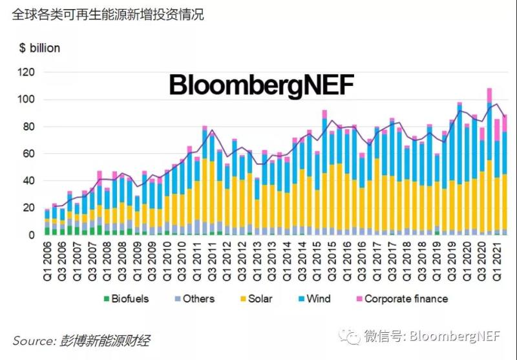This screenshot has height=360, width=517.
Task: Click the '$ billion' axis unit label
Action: point(39,48)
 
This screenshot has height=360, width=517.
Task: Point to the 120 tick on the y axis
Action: point(25,72)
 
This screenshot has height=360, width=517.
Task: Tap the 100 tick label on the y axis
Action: point(25,100)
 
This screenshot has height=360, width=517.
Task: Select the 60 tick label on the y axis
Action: point(28,154)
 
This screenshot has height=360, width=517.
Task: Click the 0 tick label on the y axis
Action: point(31,235)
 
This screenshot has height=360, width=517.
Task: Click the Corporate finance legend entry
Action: point(405,299)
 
